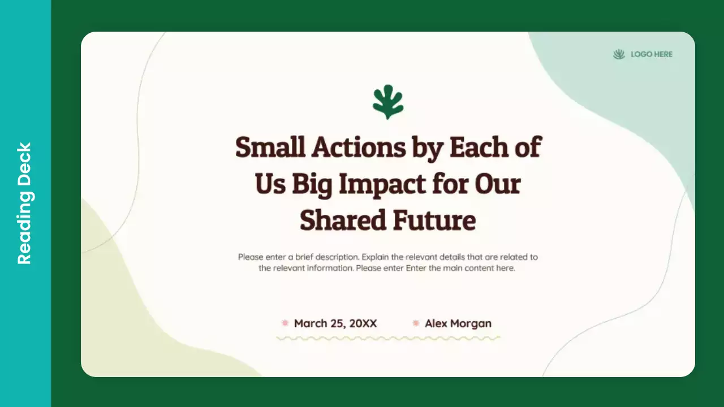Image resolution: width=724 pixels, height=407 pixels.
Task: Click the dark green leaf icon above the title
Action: pos(388,102)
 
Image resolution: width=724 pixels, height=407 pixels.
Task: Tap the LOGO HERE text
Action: pos(652,54)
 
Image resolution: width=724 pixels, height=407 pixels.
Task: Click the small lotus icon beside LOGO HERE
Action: pos(619,54)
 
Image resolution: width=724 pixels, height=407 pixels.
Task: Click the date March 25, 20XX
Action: pos(335,323)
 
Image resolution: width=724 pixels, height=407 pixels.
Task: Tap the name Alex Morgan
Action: pos(458,323)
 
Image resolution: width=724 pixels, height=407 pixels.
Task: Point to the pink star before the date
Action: pos(285,323)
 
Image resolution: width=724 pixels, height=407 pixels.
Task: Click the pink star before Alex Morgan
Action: pos(416,323)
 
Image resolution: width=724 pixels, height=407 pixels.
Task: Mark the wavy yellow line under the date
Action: pos(388,338)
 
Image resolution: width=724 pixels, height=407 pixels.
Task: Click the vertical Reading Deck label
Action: pos(25,203)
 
